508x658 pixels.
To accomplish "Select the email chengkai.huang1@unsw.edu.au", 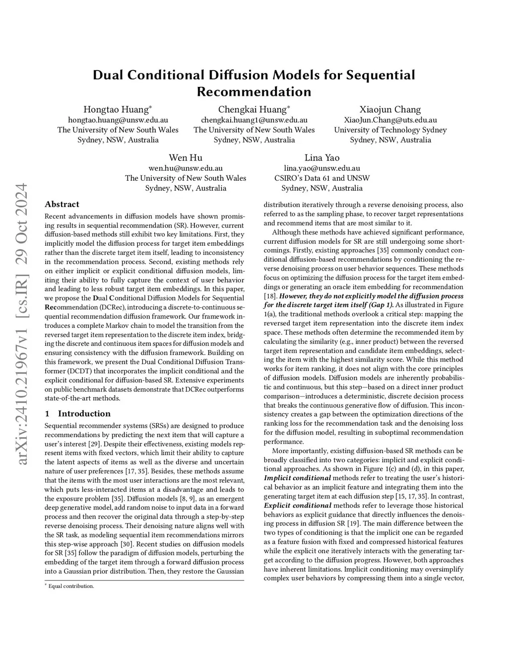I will click(x=254, y=120).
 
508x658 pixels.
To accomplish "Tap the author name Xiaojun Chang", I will click(x=390, y=109).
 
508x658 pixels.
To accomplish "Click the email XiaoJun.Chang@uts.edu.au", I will click(x=390, y=120).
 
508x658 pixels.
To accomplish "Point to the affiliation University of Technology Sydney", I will click(x=390, y=130).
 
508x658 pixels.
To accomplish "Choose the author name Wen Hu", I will click(x=186, y=157).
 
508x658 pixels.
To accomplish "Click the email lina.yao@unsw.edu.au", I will click(x=321, y=168).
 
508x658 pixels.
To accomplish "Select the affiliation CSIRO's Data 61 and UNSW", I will click(x=321, y=178).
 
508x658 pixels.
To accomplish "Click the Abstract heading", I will click(x=62, y=204).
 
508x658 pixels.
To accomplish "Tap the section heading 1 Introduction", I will click(x=77, y=414).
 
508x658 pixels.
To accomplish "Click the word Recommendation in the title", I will click(x=254, y=91).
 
